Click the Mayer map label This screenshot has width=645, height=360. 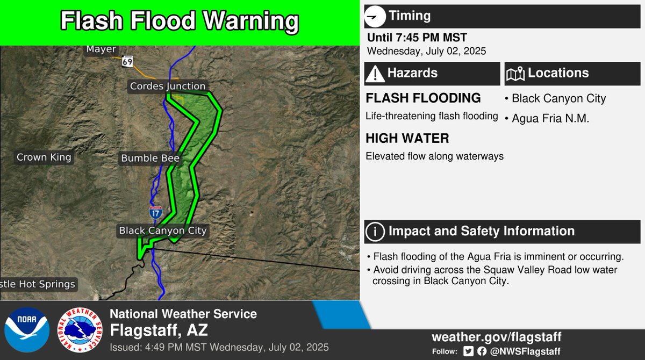101,49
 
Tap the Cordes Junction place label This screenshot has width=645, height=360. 168,86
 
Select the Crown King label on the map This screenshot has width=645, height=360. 44,157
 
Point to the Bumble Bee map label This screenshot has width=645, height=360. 150,158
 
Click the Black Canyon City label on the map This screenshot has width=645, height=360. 163,231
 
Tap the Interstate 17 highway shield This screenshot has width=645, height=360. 156,212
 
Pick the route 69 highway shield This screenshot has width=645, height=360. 127,61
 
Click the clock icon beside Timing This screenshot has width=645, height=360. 375,17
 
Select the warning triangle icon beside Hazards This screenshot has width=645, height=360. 375,74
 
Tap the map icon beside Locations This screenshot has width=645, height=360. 515,74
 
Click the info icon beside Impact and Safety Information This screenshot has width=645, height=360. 375,232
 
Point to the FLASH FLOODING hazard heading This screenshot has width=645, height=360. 423,98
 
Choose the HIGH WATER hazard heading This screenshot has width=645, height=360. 407,139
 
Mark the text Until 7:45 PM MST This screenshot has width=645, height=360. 417,38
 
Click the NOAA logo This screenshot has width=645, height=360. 26,328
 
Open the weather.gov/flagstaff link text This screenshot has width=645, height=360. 496,337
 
